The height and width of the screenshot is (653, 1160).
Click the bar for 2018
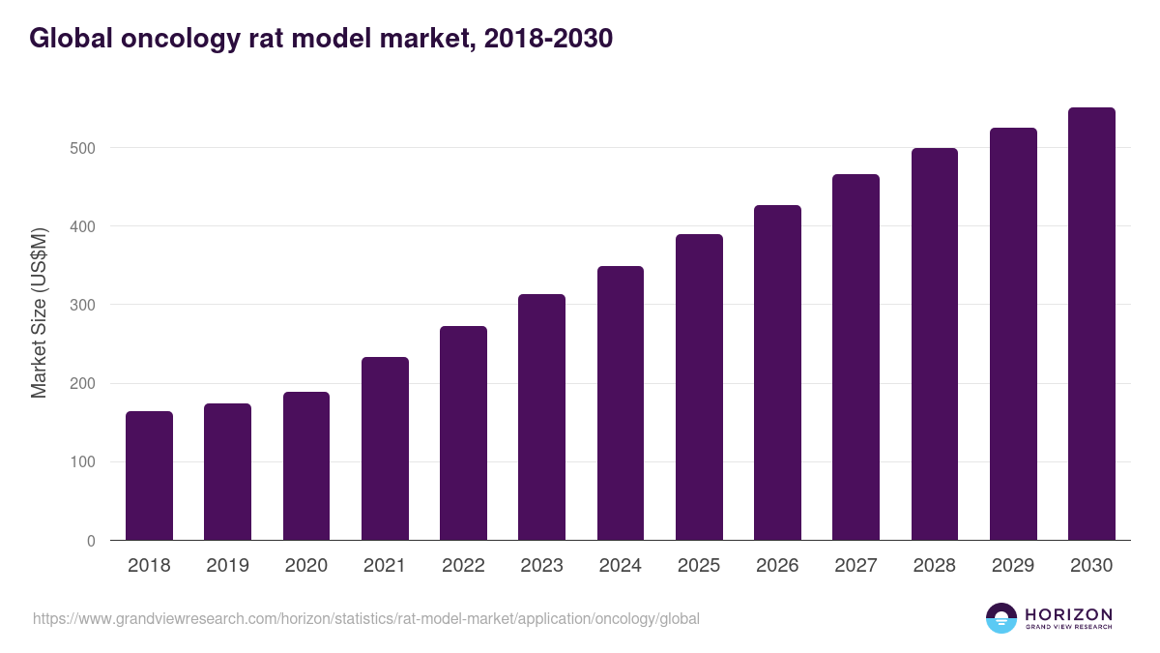point(149,476)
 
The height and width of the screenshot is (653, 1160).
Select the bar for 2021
point(385,449)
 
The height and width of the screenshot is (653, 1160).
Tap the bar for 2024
point(621,403)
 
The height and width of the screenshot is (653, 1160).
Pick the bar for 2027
point(855,357)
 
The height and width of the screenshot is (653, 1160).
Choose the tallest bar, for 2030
point(1091,324)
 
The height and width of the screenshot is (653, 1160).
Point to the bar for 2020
point(306,466)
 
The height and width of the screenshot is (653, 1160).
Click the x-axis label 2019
point(227,566)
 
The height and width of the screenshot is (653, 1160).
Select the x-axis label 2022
point(463,566)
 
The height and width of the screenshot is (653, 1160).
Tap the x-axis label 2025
point(699,566)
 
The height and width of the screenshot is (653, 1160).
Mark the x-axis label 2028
point(935,566)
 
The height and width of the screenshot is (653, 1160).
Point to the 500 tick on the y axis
point(83,148)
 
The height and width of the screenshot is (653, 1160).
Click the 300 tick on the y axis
point(83,305)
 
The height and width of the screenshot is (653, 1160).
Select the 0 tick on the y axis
point(91,541)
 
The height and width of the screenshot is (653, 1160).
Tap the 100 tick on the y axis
point(83,462)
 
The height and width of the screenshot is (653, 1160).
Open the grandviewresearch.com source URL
point(366,618)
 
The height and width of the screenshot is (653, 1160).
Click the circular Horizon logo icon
point(1000,618)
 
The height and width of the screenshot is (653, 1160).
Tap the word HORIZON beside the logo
point(1068,613)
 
